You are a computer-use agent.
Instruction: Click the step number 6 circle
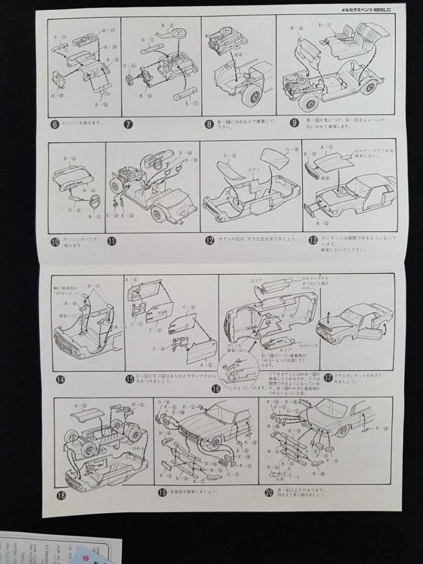click(55, 124)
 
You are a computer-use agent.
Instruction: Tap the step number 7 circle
click(128, 124)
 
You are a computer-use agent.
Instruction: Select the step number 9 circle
click(295, 123)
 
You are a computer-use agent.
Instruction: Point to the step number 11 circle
click(112, 241)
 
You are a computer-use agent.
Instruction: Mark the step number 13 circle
click(313, 240)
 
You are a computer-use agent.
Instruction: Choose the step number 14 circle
click(61, 379)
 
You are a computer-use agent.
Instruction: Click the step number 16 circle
click(215, 389)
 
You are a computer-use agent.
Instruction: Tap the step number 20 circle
click(269, 492)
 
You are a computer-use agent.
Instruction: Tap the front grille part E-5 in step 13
click(312, 172)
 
